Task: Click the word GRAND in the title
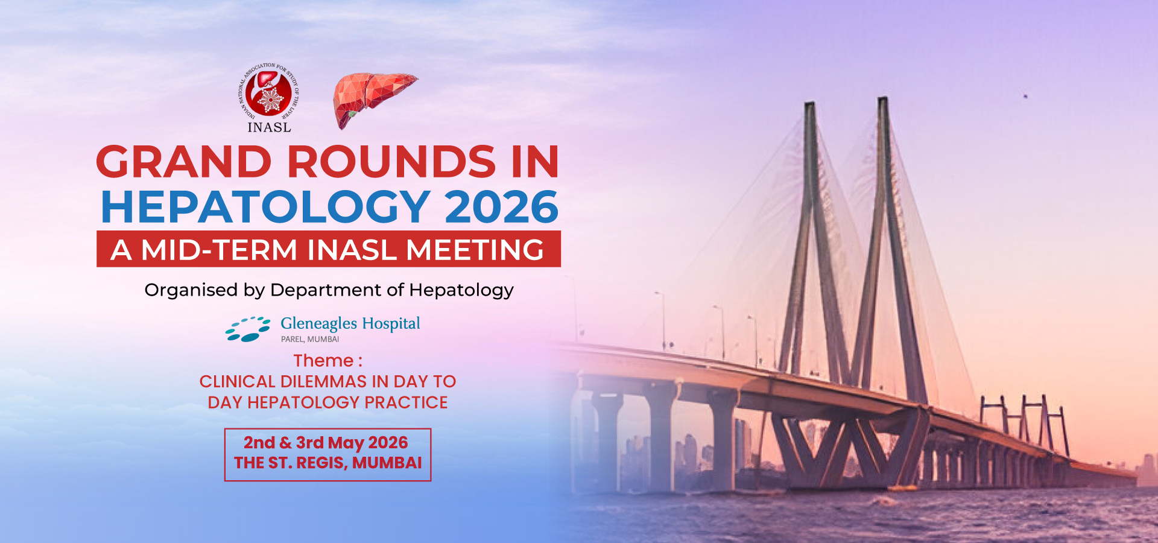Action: click(x=185, y=162)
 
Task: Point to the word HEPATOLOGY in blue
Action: click(x=265, y=207)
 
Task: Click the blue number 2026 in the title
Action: click(x=502, y=207)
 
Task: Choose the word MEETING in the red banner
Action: click(x=475, y=250)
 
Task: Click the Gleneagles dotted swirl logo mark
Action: click(x=248, y=329)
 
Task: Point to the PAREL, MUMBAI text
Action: click(x=310, y=339)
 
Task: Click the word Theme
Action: click(x=323, y=361)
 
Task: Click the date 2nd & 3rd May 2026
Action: click(x=326, y=443)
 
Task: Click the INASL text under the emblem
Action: click(x=269, y=127)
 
